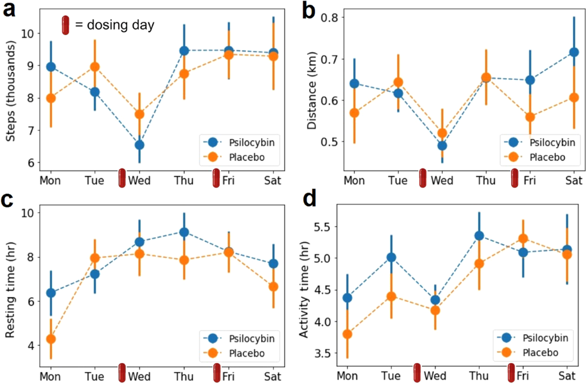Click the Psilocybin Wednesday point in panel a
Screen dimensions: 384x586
[140, 145]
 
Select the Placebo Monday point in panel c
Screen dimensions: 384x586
[51, 339]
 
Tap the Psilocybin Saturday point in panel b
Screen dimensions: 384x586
[574, 52]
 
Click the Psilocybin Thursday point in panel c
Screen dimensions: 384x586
[184, 232]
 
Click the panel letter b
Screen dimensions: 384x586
[310, 11]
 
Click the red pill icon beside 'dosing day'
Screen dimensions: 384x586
[65, 25]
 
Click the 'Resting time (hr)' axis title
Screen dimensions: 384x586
[11, 284]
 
